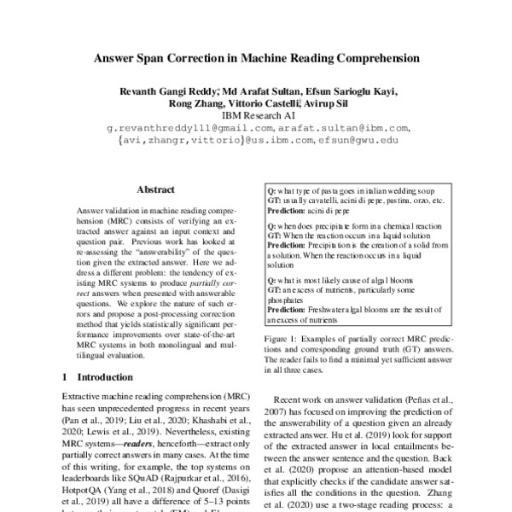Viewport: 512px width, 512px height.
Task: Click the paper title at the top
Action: [x=256, y=60]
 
